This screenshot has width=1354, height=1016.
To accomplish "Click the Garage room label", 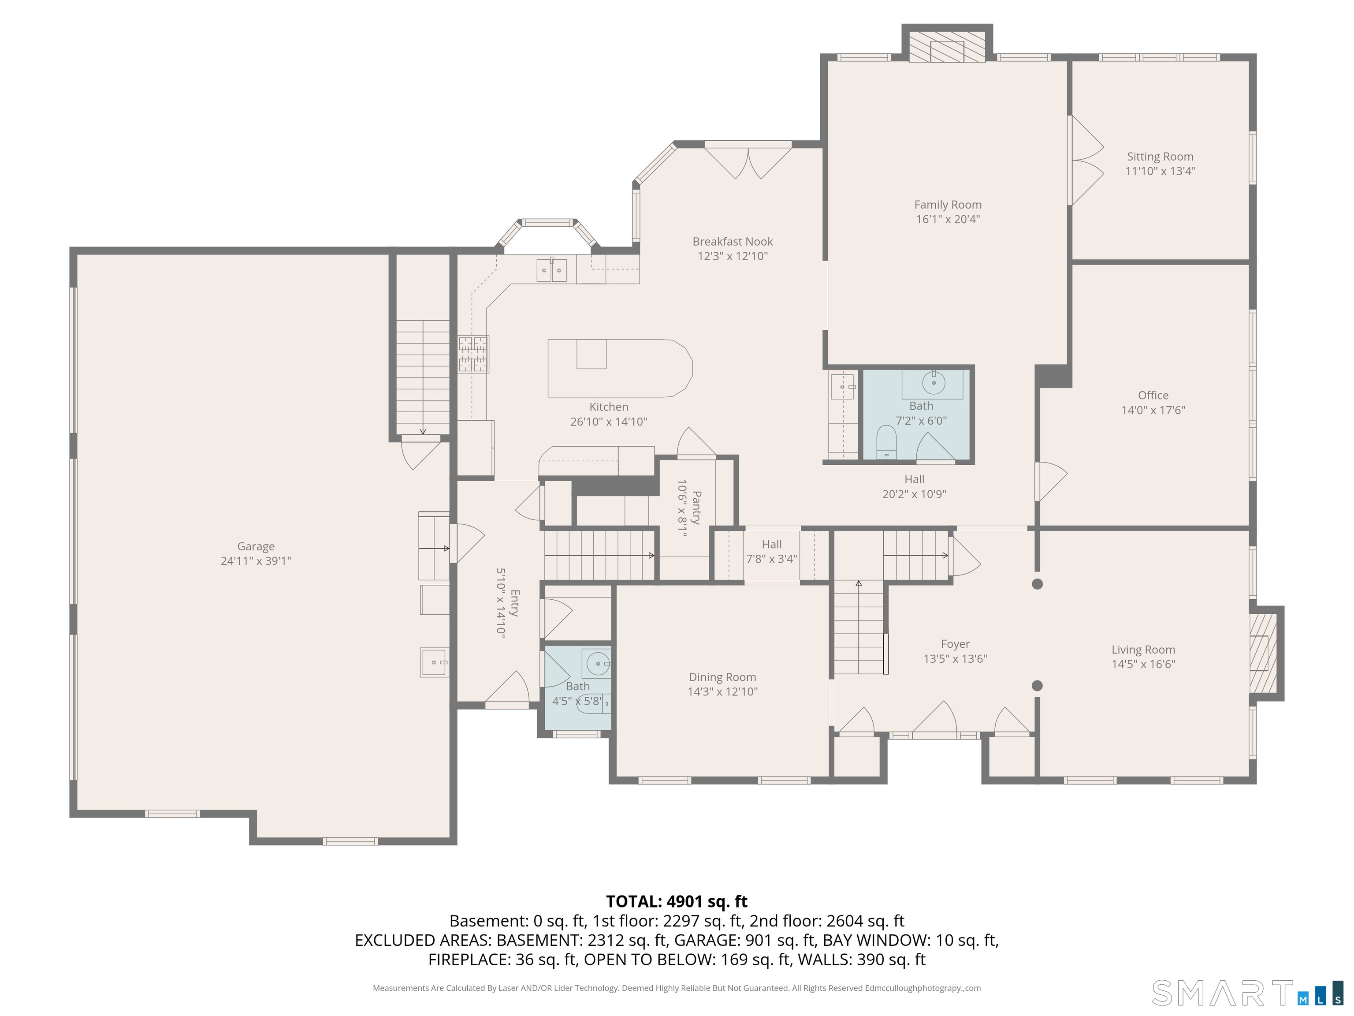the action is (x=256, y=546).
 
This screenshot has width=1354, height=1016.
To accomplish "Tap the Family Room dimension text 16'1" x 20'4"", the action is (x=948, y=219).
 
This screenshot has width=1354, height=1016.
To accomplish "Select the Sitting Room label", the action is (x=1160, y=157).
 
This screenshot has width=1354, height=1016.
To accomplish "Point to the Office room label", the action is (x=1153, y=395).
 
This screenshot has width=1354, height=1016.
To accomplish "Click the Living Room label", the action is (x=1143, y=650).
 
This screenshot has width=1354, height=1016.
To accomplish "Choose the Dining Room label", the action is (x=722, y=677).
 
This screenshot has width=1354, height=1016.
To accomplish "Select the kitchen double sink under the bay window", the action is (x=551, y=269).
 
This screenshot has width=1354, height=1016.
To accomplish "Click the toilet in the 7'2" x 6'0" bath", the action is (x=886, y=441).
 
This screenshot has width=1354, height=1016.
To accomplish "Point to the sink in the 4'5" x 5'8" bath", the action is (x=596, y=663).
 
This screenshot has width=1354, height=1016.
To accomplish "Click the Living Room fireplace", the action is (x=1263, y=652).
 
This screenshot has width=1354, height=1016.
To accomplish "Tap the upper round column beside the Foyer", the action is (x=1037, y=584).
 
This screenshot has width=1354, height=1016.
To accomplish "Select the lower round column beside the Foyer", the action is (x=1037, y=685).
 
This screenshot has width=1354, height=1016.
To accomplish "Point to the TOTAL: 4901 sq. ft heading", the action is (x=677, y=901).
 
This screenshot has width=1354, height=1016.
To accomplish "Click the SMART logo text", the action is (x=1222, y=993).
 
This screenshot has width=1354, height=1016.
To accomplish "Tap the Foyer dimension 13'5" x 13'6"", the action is (x=955, y=659).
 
